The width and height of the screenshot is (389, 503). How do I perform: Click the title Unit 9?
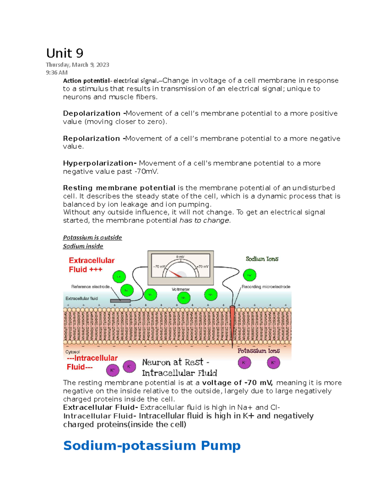tap(65, 53)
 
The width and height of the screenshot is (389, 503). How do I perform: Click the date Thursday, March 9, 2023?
tap(77, 65)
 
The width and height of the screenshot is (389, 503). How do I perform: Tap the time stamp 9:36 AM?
tap(57, 73)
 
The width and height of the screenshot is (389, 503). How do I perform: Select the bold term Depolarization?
tap(92, 113)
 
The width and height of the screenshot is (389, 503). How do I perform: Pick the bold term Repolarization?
tap(91, 138)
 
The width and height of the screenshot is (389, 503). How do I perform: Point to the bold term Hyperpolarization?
tap(98, 163)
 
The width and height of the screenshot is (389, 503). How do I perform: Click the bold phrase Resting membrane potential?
tap(119, 188)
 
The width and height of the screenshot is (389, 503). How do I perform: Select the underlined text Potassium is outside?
tap(92, 237)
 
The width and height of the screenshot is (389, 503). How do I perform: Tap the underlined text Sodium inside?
tap(83, 246)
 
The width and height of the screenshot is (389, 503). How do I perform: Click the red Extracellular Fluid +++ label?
tap(91, 265)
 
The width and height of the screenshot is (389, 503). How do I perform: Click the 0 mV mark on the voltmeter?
tap(180, 257)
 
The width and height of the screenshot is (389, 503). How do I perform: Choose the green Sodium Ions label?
tap(262, 259)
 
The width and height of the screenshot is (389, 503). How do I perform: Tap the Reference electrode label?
tap(90, 287)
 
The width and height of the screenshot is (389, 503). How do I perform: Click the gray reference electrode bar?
tap(120, 301)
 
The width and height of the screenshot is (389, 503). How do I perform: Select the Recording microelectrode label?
tap(266, 287)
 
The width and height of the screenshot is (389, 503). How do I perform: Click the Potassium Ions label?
tap(258, 351)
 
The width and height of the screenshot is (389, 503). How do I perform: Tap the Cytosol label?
tap(72, 352)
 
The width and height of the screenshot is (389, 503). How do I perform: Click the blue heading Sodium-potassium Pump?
tap(152, 445)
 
